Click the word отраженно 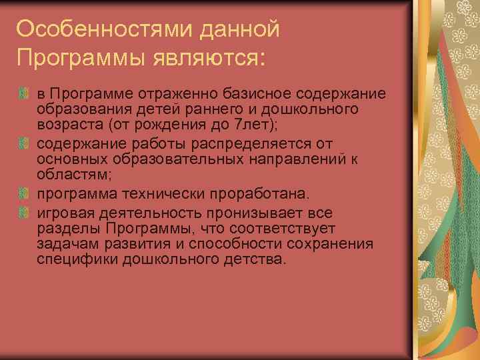pyautogui.click(x=155, y=91)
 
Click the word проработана pyautogui.click(x=259, y=195)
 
